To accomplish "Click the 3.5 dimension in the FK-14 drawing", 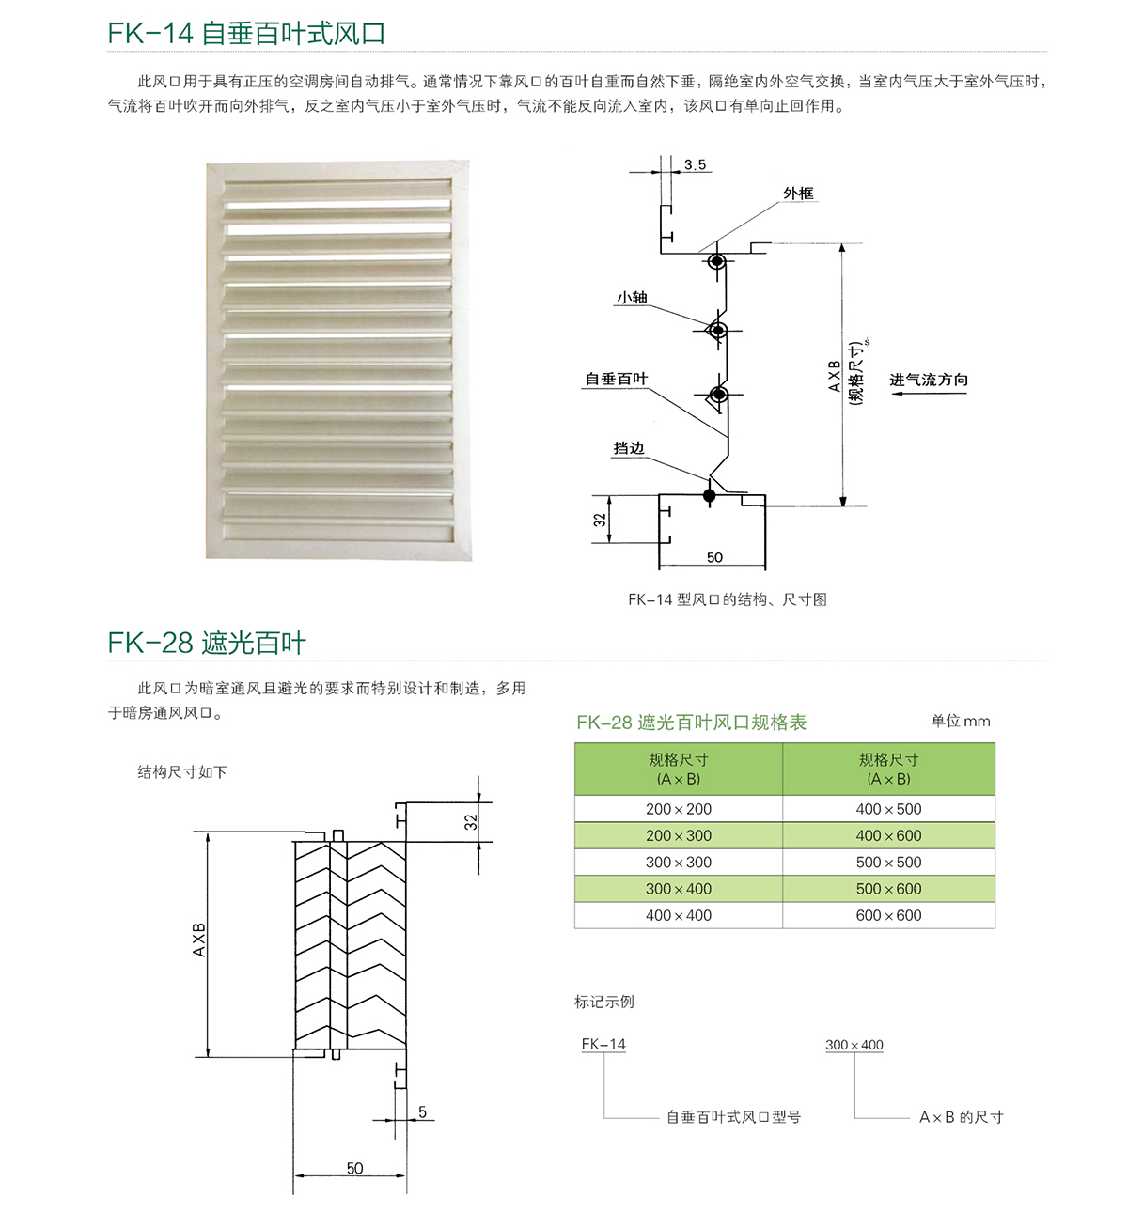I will pos(695,164).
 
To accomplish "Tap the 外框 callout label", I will pos(798,194).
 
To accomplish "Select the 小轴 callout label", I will pos(632,298).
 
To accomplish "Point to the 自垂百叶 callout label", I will pos(617,379).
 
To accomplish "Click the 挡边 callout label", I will pos(629,448).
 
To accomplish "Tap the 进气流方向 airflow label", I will pos(929,380).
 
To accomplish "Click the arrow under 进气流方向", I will pos(928,394).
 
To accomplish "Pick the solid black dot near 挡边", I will pos(710,495).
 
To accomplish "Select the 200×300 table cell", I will pos(679,835).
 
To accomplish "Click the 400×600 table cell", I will pos(888,835).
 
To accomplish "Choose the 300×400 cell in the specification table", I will pos(679,889).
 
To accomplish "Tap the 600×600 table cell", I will pos(888,915).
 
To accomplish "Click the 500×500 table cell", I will pos(888,862).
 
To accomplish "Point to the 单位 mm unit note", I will pos(960,721).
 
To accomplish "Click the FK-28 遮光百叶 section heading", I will pos(207,643).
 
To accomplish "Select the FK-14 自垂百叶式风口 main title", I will pos(246,33).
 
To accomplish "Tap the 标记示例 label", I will pos(604,1002).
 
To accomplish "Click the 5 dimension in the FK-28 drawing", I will pos(423,1112).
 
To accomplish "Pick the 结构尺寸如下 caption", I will pos(182,771).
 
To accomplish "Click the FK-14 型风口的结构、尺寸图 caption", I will pos(727,599).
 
